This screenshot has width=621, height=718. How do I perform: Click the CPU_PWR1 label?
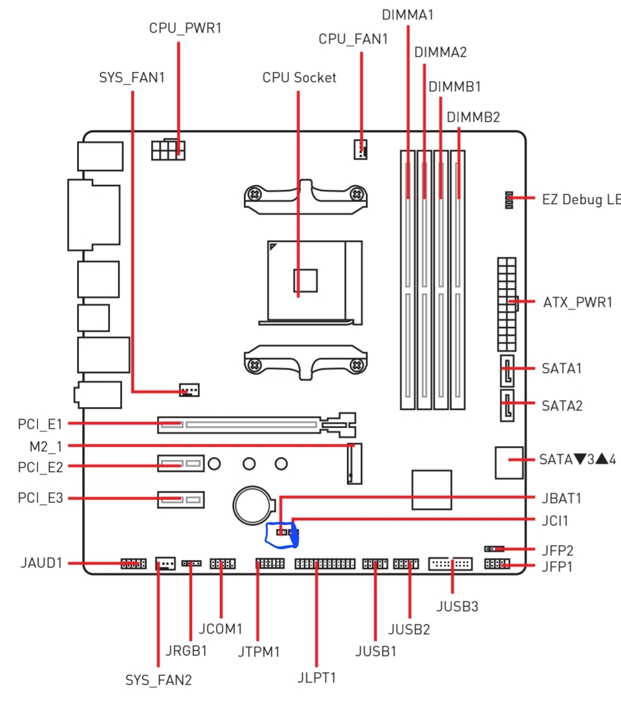185,28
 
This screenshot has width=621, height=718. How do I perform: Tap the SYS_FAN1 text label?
132,78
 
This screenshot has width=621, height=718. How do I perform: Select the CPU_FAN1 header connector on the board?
361,149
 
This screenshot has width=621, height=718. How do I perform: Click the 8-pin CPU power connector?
168,150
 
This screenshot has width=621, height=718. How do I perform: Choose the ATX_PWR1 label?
577,302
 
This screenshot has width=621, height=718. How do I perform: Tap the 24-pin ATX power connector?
507,304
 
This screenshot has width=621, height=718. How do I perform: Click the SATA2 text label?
562,406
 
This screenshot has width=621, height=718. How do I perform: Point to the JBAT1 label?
561,498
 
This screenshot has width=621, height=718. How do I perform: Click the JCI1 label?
555,521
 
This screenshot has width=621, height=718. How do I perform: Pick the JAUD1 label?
41,563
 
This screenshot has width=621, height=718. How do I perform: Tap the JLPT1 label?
316,678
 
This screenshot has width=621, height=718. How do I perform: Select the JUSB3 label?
457,606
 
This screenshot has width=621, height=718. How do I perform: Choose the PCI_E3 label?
40,498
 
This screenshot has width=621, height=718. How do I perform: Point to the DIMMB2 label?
473,117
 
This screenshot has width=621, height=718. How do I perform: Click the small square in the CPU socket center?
305,280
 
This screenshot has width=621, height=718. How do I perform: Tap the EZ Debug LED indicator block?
509,200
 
